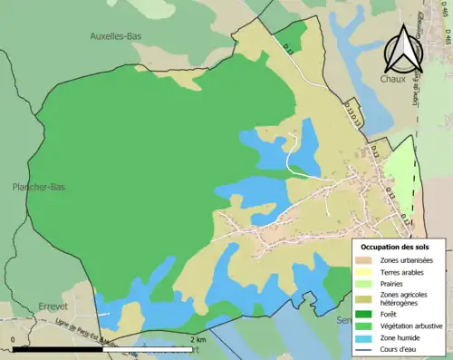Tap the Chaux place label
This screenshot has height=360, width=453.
click(391, 80)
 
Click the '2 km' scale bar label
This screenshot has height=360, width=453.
click(199, 339)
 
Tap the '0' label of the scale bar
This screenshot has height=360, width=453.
click(14, 339)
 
